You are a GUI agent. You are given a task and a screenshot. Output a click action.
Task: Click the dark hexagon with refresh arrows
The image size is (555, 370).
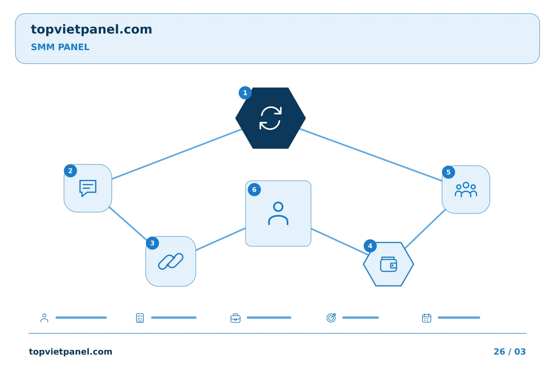pos(271,118)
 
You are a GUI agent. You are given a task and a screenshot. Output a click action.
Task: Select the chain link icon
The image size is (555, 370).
pos(171,261)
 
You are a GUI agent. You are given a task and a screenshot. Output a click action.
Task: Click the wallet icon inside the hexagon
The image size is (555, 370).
pos(388,264)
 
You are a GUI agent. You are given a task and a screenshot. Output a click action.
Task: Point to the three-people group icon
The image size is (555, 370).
pos(466,190)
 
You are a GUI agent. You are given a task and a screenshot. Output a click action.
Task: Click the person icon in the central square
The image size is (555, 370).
pos(278,214)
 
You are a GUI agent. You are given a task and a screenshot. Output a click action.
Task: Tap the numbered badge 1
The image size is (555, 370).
pos(245,93)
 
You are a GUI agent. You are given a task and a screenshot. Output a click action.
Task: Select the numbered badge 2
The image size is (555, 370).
pos(71,171)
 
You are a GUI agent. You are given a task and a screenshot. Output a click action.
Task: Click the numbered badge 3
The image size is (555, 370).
pos(152,243)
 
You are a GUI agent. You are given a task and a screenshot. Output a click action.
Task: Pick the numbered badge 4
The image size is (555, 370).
pos(370,246)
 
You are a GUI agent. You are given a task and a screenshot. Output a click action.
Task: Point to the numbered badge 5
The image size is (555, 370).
pos(449,172)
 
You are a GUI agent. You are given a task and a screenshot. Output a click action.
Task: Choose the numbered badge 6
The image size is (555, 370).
pos(254,190)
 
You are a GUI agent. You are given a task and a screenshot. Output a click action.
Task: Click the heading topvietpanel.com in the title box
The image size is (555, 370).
pos(91,30)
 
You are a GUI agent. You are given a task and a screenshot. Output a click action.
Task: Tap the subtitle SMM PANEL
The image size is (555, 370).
pos(60,47)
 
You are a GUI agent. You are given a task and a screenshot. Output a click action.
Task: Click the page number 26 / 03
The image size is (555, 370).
pos(510,351)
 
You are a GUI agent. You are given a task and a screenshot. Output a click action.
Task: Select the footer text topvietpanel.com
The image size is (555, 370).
pos(71,351)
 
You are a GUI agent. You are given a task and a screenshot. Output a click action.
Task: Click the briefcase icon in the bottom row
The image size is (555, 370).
pos(235,318)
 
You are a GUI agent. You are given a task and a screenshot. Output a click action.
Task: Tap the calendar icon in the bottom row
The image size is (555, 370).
pos(426,318)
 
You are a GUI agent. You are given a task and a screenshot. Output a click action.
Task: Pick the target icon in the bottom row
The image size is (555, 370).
pos(331,318)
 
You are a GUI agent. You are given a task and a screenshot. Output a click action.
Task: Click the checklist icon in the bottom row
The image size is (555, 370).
pos(140,318)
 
